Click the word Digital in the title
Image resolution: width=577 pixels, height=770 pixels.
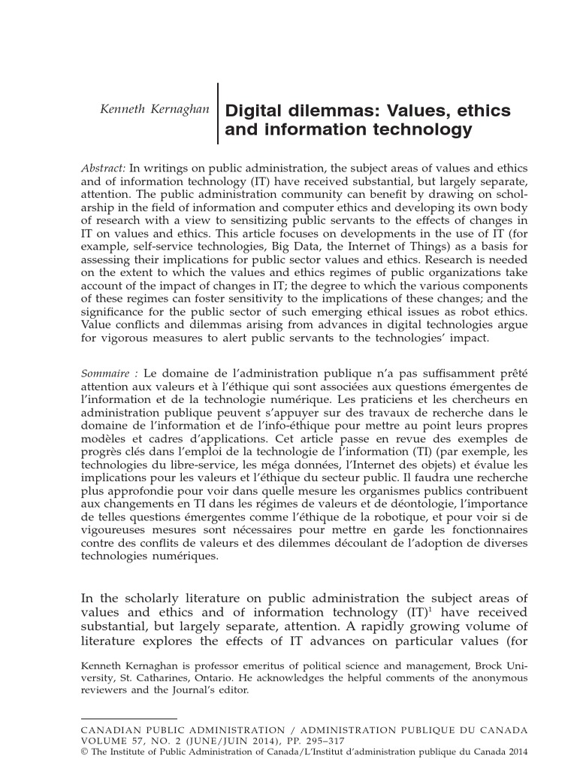[252, 111]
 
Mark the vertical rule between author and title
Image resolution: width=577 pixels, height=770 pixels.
[218, 113]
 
